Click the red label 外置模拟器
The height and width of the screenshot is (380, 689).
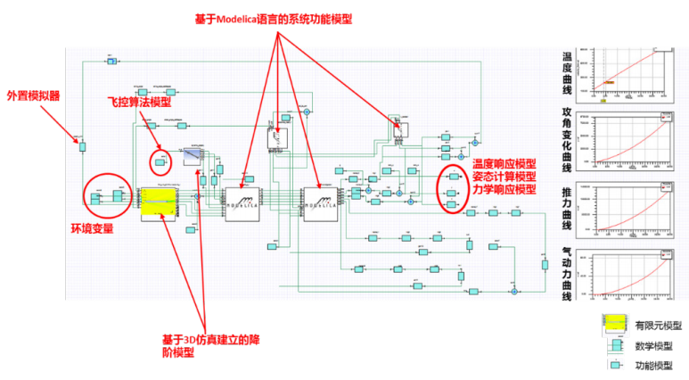click(x=34, y=95)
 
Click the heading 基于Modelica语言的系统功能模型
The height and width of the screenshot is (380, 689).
click(x=273, y=19)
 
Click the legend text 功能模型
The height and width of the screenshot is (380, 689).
click(x=653, y=366)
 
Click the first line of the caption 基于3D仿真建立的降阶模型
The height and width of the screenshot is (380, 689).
click(x=210, y=340)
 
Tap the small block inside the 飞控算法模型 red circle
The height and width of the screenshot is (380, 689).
click(x=160, y=163)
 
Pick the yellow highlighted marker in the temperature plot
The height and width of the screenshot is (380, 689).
click(x=611, y=82)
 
